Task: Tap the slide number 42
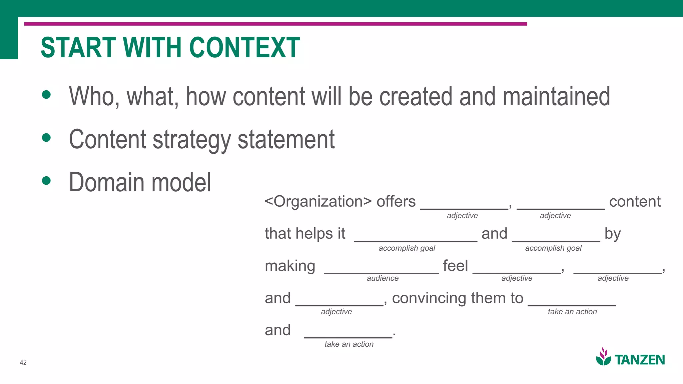(x=23, y=362)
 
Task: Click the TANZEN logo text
(x=640, y=360)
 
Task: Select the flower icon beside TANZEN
(x=604, y=357)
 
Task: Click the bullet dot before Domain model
(x=46, y=181)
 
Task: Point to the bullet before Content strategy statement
(x=46, y=137)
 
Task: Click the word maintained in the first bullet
(x=556, y=97)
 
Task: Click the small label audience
(x=383, y=278)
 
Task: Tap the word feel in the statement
(x=455, y=266)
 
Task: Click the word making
(x=290, y=266)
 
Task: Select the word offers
(x=396, y=202)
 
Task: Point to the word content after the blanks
(x=635, y=202)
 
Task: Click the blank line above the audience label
(x=381, y=273)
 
